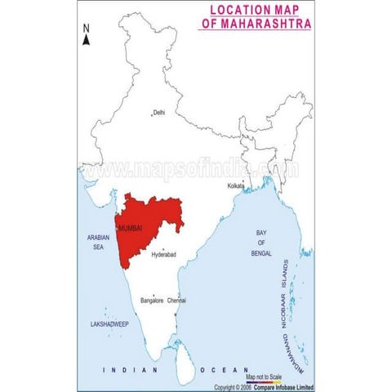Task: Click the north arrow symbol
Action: click(86, 42)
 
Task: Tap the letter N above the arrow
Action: click(86, 29)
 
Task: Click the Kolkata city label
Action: click(238, 186)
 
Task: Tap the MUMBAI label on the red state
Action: click(131, 229)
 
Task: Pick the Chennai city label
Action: click(177, 301)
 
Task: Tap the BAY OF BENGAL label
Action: click(261, 243)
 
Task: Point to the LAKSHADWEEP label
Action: click(109, 324)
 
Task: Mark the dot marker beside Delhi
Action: click(151, 113)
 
